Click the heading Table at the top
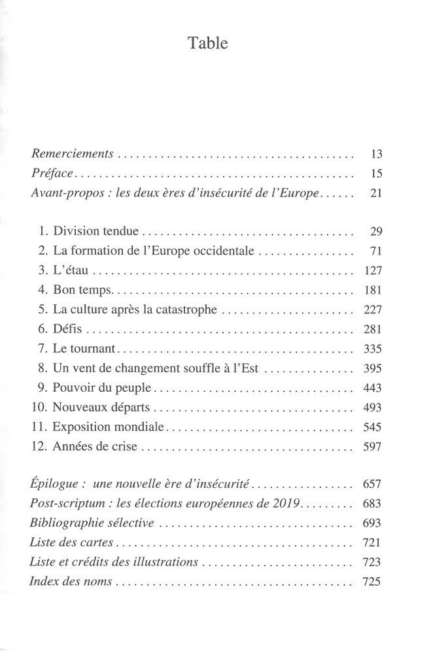pos(208,44)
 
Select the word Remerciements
pos(73,155)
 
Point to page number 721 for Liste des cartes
pos(372,543)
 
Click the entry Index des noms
pos(71,582)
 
